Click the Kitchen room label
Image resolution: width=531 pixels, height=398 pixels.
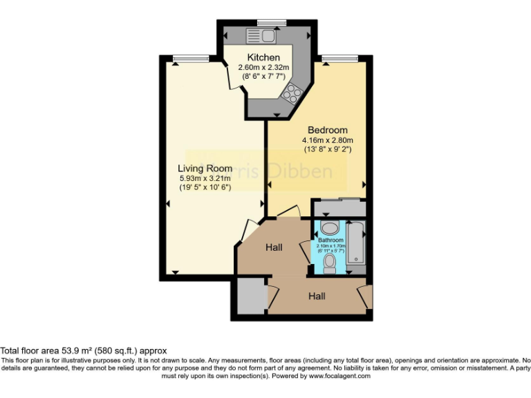pyautogui.click(x=263, y=57)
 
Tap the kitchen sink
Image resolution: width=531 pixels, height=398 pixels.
pyautogui.click(x=262, y=35)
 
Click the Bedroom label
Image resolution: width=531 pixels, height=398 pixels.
pyautogui.click(x=328, y=130)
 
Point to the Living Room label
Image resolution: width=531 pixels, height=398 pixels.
pyautogui.click(x=205, y=169)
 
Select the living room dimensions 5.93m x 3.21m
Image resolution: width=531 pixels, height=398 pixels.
pyautogui.click(x=205, y=178)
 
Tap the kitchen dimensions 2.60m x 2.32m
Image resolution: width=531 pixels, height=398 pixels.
pyautogui.click(x=263, y=68)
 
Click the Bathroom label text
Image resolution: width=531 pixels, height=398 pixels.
pyautogui.click(x=330, y=240)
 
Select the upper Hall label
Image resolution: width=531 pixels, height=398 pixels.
pyautogui.click(x=275, y=247)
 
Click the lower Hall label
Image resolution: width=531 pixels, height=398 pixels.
pyautogui.click(x=317, y=296)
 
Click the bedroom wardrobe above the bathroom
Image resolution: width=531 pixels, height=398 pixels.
pyautogui.click(x=338, y=207)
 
